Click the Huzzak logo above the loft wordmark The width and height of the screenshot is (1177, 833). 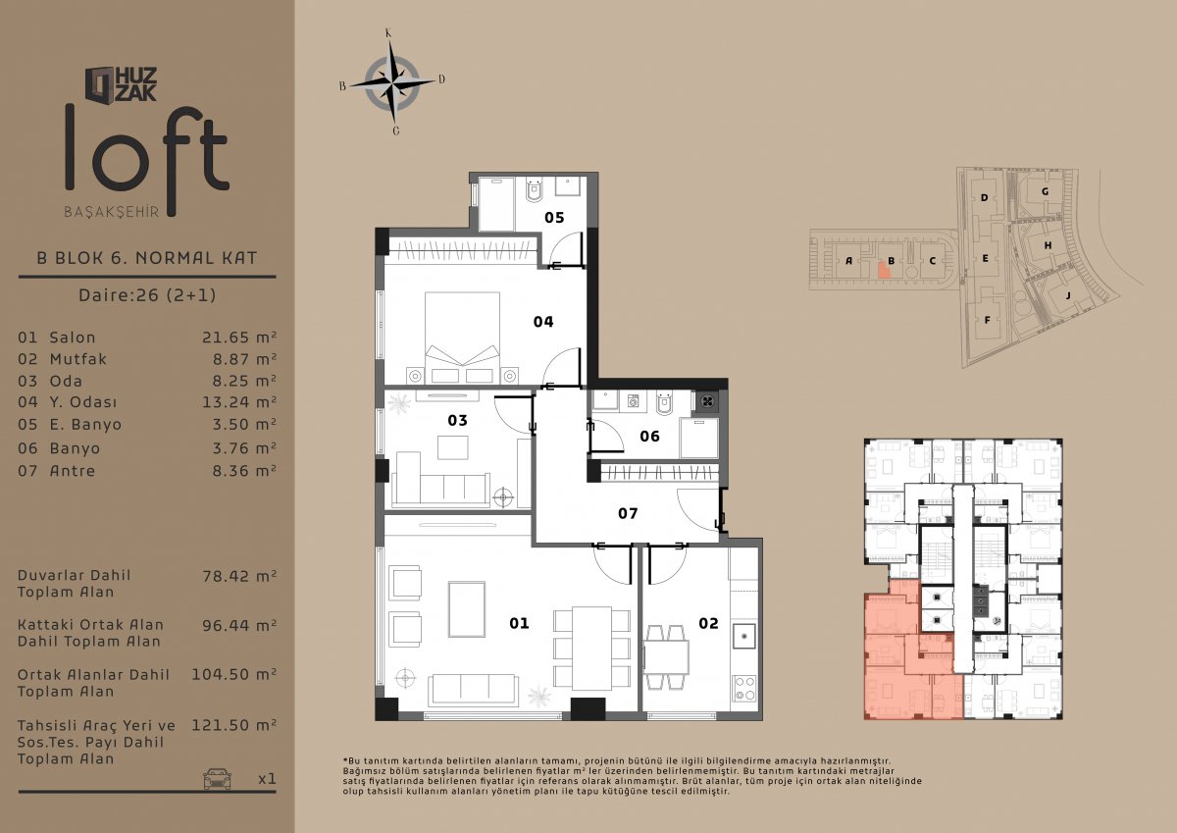121,84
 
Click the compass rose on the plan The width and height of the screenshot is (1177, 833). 392,83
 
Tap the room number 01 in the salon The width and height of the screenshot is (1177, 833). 519,623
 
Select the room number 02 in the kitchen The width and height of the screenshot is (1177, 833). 708,623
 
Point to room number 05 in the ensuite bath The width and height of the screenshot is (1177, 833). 554,217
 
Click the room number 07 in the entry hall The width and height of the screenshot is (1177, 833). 628,513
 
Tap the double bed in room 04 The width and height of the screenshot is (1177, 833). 462,337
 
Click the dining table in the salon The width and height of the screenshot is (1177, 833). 591,648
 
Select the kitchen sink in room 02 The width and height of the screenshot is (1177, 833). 744,637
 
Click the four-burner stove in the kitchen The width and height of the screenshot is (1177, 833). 744,689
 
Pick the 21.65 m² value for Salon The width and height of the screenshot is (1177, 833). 239,337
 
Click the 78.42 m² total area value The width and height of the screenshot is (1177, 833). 239,576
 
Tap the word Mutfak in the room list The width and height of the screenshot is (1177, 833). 78,359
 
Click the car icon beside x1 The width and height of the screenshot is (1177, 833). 218,778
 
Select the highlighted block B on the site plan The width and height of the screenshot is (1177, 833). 886,270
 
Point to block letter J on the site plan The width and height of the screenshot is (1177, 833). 1068,296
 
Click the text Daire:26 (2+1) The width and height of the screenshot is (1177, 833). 147,294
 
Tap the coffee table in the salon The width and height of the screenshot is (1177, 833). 467,609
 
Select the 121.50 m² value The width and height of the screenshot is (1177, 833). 233,726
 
